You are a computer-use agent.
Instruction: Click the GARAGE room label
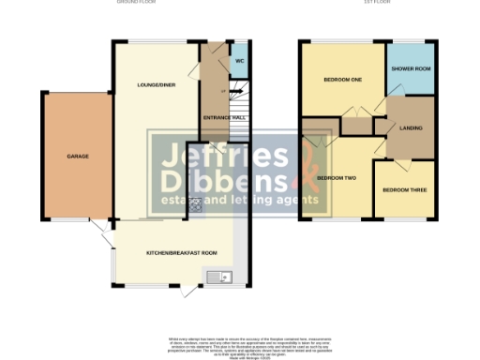click(x=77, y=156)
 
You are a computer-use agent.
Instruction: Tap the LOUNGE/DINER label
click(x=156, y=85)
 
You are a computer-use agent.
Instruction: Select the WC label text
click(x=239, y=61)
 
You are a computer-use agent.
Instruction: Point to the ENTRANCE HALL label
click(x=225, y=117)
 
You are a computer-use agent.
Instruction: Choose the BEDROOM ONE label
click(x=342, y=80)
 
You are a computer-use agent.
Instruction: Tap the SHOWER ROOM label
click(x=411, y=68)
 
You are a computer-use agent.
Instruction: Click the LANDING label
click(x=410, y=127)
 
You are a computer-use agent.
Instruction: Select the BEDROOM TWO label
click(x=336, y=177)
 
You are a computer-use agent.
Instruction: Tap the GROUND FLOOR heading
click(x=136, y=3)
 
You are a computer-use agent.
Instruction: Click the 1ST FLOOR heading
click(x=377, y=3)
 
